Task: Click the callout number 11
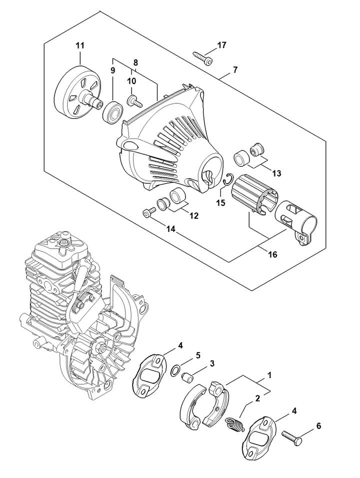(x=80, y=46)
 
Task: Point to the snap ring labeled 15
(x=228, y=179)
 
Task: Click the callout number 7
(x=234, y=70)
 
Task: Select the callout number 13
(x=276, y=173)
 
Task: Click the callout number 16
(x=272, y=254)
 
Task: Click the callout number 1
(x=269, y=375)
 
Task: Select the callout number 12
(x=194, y=216)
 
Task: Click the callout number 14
(x=171, y=229)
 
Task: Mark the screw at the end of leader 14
(x=149, y=212)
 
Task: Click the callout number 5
(x=198, y=355)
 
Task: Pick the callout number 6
(x=319, y=426)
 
